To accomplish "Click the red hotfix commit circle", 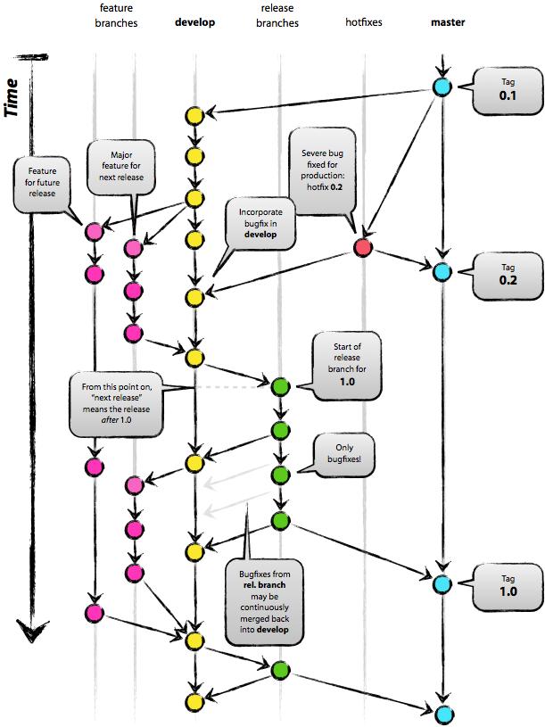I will coord(362,248).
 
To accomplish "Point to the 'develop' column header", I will coord(194,21).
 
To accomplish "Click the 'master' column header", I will coord(446,21).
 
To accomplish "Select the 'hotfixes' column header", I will coord(363,21).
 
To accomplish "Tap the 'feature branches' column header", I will coord(116,15).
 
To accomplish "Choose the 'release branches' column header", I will coord(279,15).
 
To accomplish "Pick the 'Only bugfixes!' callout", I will coord(343,454).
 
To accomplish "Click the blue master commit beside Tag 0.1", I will coord(441,87).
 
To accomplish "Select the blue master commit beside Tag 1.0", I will coord(441,584).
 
